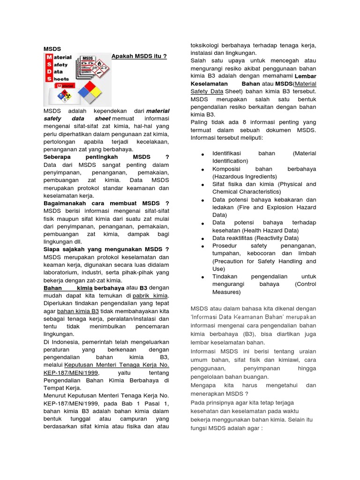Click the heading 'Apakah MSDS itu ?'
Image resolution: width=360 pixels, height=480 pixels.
(x=139, y=56)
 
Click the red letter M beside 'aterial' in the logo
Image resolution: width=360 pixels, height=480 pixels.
(x=49, y=57)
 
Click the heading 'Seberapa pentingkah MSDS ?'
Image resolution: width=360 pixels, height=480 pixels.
(x=106, y=157)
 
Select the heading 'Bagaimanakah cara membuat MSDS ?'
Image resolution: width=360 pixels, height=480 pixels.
(x=106, y=203)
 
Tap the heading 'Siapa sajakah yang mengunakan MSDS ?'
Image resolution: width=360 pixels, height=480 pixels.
(x=106, y=249)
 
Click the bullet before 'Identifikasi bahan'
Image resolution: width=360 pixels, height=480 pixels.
(x=202, y=154)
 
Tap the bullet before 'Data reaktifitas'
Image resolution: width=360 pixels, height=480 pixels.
(x=202, y=239)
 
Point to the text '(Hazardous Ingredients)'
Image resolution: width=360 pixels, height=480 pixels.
(x=244, y=176)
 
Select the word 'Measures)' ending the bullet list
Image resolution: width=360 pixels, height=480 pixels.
(x=226, y=292)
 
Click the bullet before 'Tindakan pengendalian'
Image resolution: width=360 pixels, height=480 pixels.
(x=202, y=277)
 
